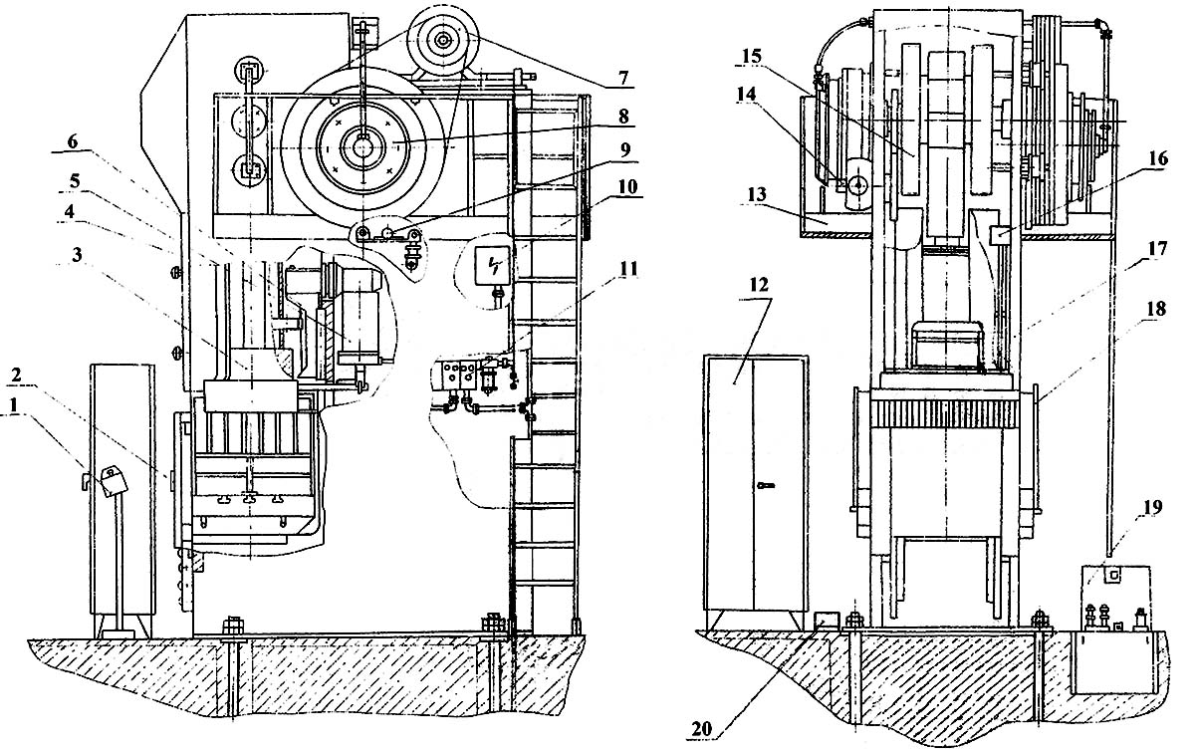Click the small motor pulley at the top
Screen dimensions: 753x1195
tap(439, 40)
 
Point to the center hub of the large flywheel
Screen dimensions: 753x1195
tap(362, 142)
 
